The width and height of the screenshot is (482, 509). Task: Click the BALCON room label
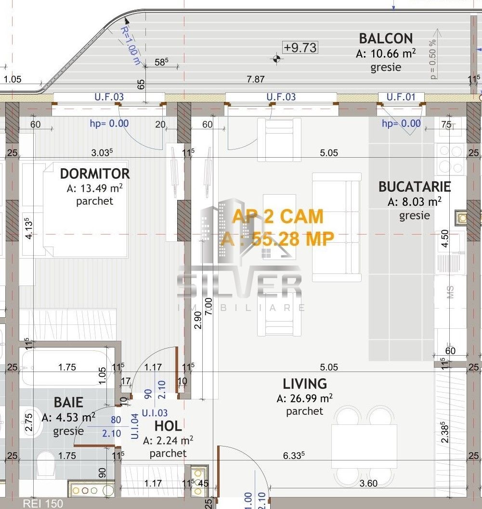(386, 38)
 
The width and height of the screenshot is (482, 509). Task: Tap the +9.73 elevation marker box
(300, 47)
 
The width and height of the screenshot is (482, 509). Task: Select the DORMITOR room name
(94, 173)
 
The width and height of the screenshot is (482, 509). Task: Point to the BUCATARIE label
(414, 186)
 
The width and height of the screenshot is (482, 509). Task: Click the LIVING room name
(304, 384)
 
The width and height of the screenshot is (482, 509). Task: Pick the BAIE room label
(68, 402)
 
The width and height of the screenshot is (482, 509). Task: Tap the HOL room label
(168, 426)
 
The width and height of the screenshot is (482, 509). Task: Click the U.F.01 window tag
(401, 97)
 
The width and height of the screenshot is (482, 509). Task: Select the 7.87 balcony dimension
(255, 79)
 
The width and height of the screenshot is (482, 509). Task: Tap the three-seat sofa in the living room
(337, 227)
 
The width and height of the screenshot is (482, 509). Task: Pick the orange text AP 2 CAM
(277, 216)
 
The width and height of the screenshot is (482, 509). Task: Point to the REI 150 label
(42, 504)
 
